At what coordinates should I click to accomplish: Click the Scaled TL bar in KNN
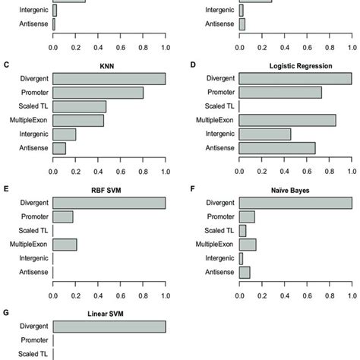click(x=80, y=106)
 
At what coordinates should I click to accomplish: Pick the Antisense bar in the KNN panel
click(x=59, y=147)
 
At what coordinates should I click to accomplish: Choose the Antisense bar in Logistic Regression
click(x=277, y=147)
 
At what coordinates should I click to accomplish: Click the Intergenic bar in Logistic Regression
click(x=265, y=134)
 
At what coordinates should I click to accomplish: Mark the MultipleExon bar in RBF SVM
click(x=65, y=244)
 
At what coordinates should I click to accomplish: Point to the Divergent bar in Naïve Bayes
click(x=295, y=203)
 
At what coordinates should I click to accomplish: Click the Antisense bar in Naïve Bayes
click(x=245, y=271)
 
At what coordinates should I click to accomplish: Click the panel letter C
click(x=7, y=66)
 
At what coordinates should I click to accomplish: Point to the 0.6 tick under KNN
click(x=121, y=171)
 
